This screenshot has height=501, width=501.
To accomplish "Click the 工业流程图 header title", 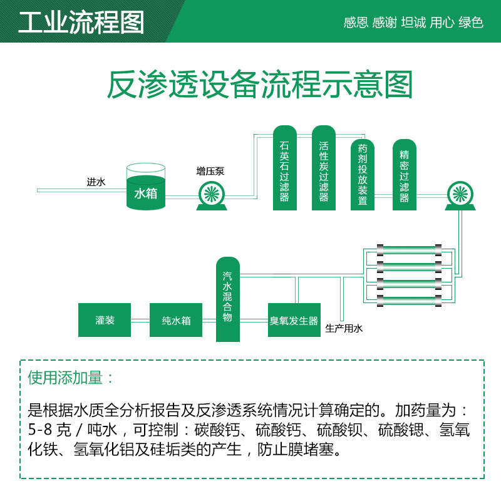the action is click(x=81, y=22).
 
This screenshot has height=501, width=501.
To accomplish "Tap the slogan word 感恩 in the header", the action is click(x=356, y=23).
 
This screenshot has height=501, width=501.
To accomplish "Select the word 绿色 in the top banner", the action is click(x=471, y=23).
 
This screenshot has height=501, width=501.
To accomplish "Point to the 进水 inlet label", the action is click(x=96, y=183).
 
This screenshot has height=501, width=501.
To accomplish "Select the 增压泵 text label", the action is click(x=210, y=170).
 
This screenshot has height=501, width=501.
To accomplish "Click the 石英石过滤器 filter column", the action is click(x=285, y=169).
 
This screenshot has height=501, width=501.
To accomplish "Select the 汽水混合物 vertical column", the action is click(x=228, y=299).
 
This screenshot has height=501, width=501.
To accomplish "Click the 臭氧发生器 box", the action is click(x=294, y=321).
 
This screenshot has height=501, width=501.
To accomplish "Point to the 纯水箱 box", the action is click(x=176, y=321).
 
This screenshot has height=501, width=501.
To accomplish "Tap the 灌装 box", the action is click(x=105, y=321).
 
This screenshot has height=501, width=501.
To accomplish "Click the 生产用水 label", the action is click(x=344, y=328).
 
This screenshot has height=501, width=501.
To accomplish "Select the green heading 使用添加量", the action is click(x=71, y=378).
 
